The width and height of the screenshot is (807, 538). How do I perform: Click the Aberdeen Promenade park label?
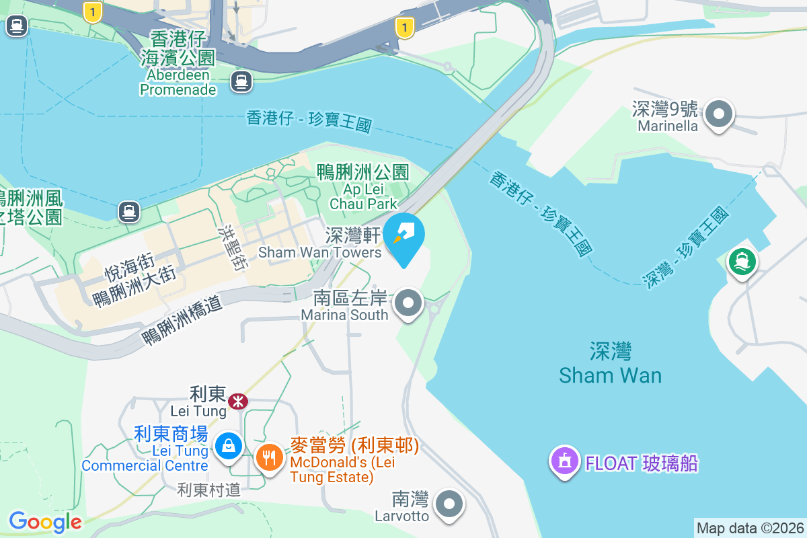178,63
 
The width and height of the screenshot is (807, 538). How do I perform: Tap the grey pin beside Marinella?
720,114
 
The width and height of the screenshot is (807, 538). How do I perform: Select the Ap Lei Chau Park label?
363,188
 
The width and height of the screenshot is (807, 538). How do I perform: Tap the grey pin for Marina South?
408,303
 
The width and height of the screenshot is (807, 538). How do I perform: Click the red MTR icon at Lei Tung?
237,401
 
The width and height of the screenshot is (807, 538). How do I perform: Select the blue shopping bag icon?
229,445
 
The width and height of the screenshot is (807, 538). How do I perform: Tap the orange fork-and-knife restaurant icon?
270,459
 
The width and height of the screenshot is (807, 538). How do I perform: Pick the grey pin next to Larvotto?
449,504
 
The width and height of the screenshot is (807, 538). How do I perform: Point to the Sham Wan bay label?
610,363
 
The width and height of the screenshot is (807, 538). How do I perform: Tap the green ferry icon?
742,261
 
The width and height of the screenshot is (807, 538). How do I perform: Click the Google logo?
45,522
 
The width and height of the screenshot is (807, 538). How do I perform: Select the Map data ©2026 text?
749,528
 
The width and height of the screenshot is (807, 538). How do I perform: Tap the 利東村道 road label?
208,490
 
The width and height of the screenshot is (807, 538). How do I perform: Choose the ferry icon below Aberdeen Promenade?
241,82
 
